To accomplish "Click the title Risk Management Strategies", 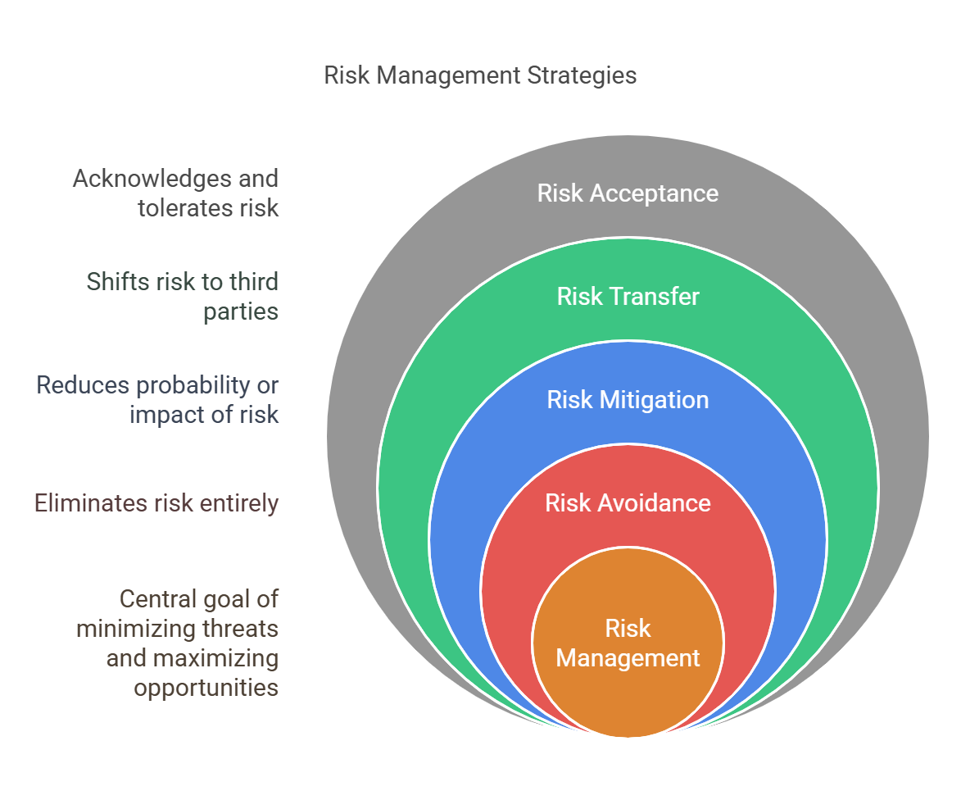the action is tap(480, 75).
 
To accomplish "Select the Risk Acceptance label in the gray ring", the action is tap(628, 193).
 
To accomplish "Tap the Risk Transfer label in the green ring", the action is tap(628, 296).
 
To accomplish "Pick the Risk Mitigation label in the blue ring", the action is tap(628, 400).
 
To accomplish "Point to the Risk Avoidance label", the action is tap(628, 502).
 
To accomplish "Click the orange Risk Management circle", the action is tap(628, 642).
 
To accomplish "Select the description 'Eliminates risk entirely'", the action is tap(156, 502).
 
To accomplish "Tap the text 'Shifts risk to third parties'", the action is tap(183, 296).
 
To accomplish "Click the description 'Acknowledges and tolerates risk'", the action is tap(176, 193).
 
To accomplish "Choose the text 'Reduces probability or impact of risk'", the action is tap(157, 400).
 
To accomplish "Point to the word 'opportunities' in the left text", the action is tap(206, 688).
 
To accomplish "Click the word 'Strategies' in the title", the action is tap(582, 75).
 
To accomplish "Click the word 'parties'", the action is tap(241, 312).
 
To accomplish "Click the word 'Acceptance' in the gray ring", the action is tap(654, 193).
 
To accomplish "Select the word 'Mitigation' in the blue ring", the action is tap(654, 400).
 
